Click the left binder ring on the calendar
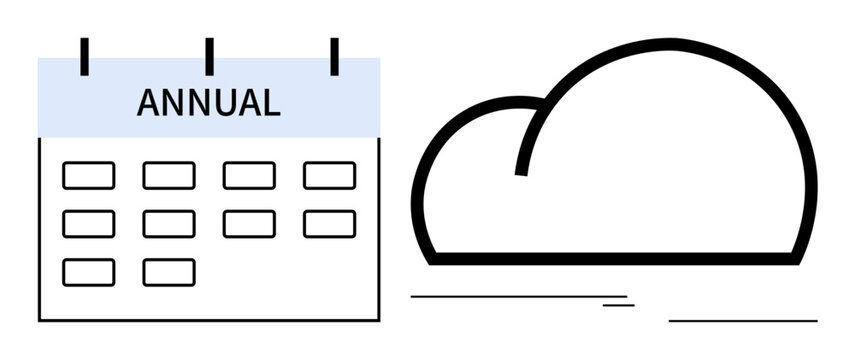(x=85, y=56)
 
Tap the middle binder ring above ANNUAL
(x=209, y=56)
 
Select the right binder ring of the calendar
(x=334, y=56)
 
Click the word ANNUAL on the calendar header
(x=208, y=103)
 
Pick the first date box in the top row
(x=88, y=176)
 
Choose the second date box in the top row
(x=169, y=176)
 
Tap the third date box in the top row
(x=249, y=176)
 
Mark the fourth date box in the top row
(x=329, y=176)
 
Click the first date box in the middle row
(x=88, y=224)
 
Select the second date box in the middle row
(x=169, y=224)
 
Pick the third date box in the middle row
(x=249, y=224)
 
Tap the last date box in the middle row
(x=329, y=224)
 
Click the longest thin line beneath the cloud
(x=519, y=296)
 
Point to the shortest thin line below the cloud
(x=618, y=304)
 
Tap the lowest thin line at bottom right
(x=743, y=321)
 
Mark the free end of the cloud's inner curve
(x=521, y=172)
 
